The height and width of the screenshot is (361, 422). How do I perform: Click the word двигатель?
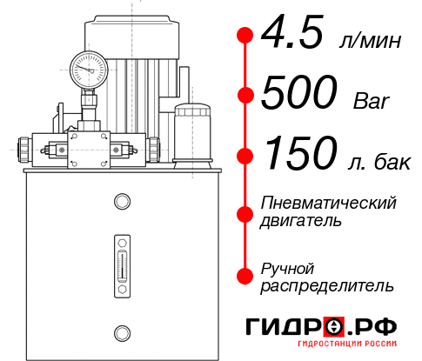(301, 221)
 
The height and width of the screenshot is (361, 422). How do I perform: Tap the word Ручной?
(287, 267)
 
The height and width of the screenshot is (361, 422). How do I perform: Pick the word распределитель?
(326, 285)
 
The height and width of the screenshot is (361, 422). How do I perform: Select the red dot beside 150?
(244, 155)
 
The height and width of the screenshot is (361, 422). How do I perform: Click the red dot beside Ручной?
(244, 276)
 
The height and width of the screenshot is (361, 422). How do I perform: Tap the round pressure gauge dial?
(89, 66)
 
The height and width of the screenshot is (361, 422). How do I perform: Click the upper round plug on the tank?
(121, 202)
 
